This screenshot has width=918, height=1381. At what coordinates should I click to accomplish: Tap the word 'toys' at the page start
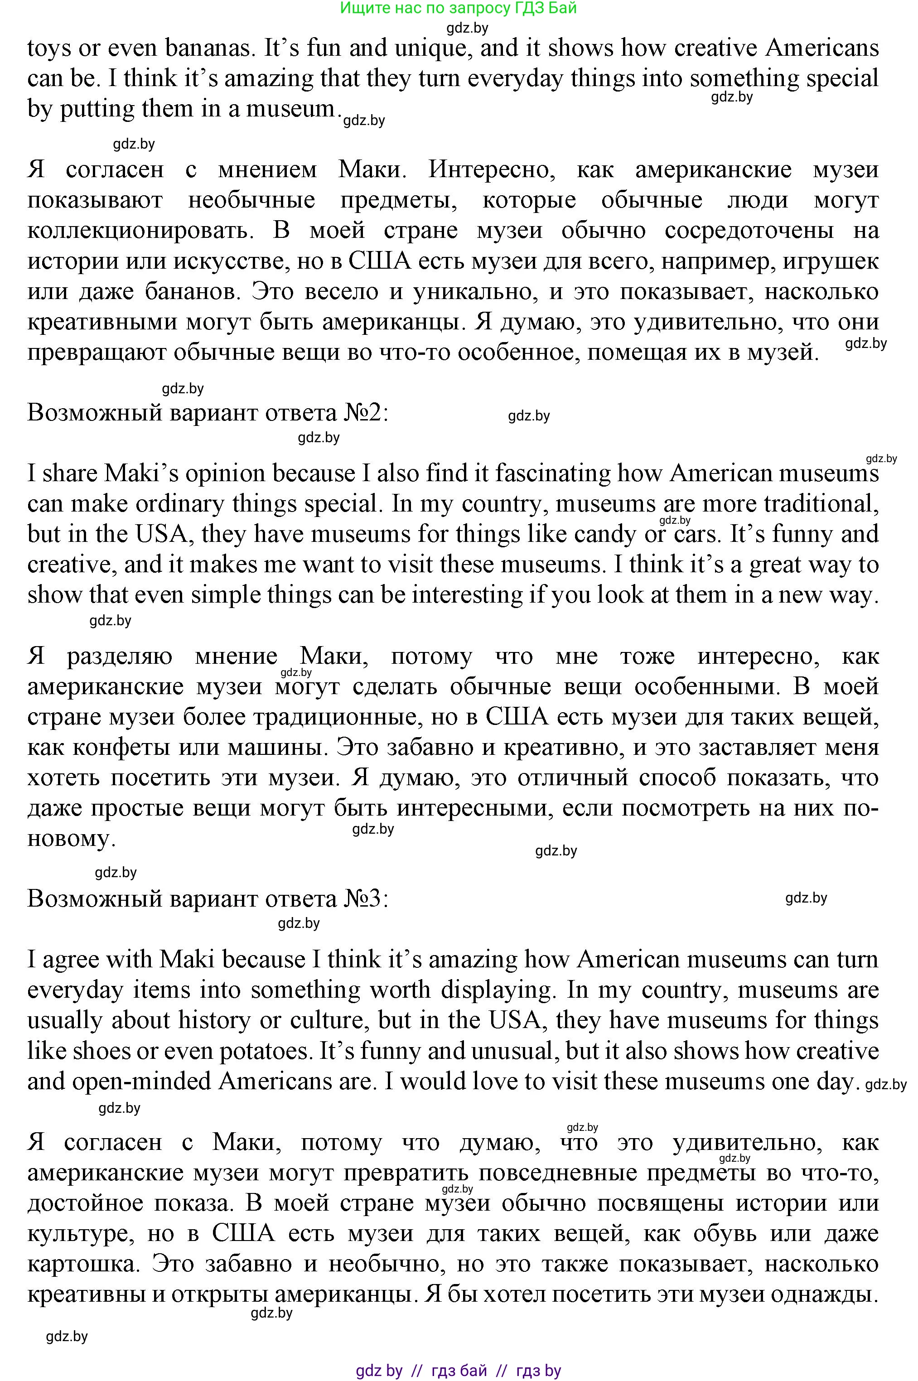coord(49,48)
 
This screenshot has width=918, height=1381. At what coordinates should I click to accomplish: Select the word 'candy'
coord(605,535)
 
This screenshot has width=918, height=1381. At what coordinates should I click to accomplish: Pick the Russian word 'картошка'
coord(82,1264)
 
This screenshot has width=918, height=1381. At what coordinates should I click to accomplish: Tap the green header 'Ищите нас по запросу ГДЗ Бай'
coord(459,8)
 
